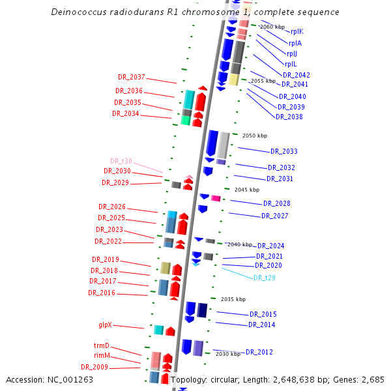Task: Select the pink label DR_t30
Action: point(121,161)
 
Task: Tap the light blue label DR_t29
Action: point(265,278)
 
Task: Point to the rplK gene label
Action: point(297,31)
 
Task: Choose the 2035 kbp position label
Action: point(233,299)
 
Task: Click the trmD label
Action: point(101,345)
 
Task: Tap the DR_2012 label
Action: point(259,352)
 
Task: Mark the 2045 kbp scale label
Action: point(247,190)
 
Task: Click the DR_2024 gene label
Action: point(271,246)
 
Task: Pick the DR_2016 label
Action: point(102,293)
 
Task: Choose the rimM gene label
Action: point(102,355)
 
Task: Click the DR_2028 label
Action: point(277,203)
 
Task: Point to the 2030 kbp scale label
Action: point(228,354)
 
